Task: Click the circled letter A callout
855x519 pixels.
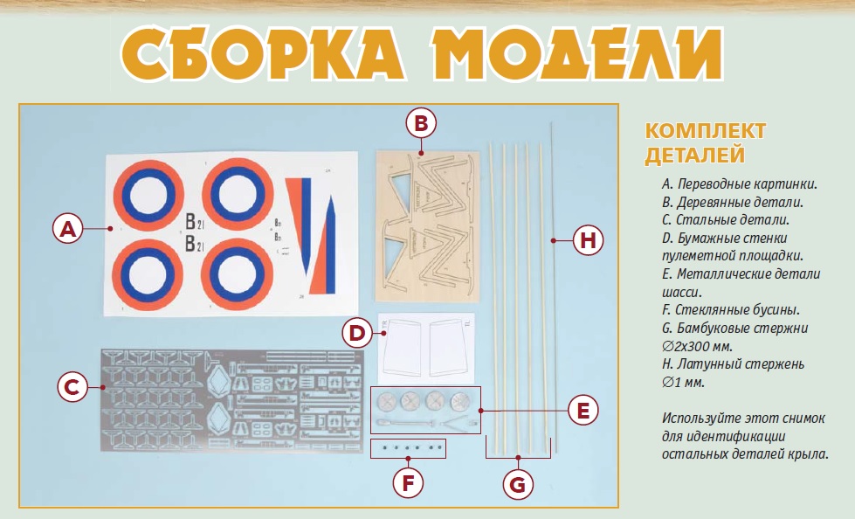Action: pyautogui.click(x=67, y=229)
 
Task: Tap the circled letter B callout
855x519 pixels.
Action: pyautogui.click(x=421, y=123)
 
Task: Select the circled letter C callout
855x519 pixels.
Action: pyautogui.click(x=72, y=387)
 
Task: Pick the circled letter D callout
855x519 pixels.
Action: pyautogui.click(x=357, y=333)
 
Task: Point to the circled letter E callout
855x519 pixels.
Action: pyautogui.click(x=583, y=411)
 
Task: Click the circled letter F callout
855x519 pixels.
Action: pyautogui.click(x=408, y=482)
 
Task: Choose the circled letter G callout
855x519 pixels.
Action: pyautogui.click(x=518, y=484)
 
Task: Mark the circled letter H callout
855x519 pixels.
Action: pyautogui.click(x=589, y=240)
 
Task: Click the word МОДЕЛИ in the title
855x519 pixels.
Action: pyautogui.click(x=578, y=54)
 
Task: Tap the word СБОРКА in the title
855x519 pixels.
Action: pyautogui.click(x=263, y=54)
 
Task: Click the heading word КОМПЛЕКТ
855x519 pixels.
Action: pyautogui.click(x=706, y=131)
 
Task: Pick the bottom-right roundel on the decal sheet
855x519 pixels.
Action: pyautogui.click(x=237, y=274)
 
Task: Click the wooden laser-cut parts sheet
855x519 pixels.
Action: pyautogui.click(x=427, y=226)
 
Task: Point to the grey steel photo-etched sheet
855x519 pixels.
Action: pyautogui.click(x=232, y=400)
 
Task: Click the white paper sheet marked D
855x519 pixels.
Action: pyautogui.click(x=426, y=348)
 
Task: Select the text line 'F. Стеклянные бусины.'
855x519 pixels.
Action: pyautogui.click(x=731, y=310)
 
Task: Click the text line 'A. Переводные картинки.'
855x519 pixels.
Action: pyautogui.click(x=740, y=183)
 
